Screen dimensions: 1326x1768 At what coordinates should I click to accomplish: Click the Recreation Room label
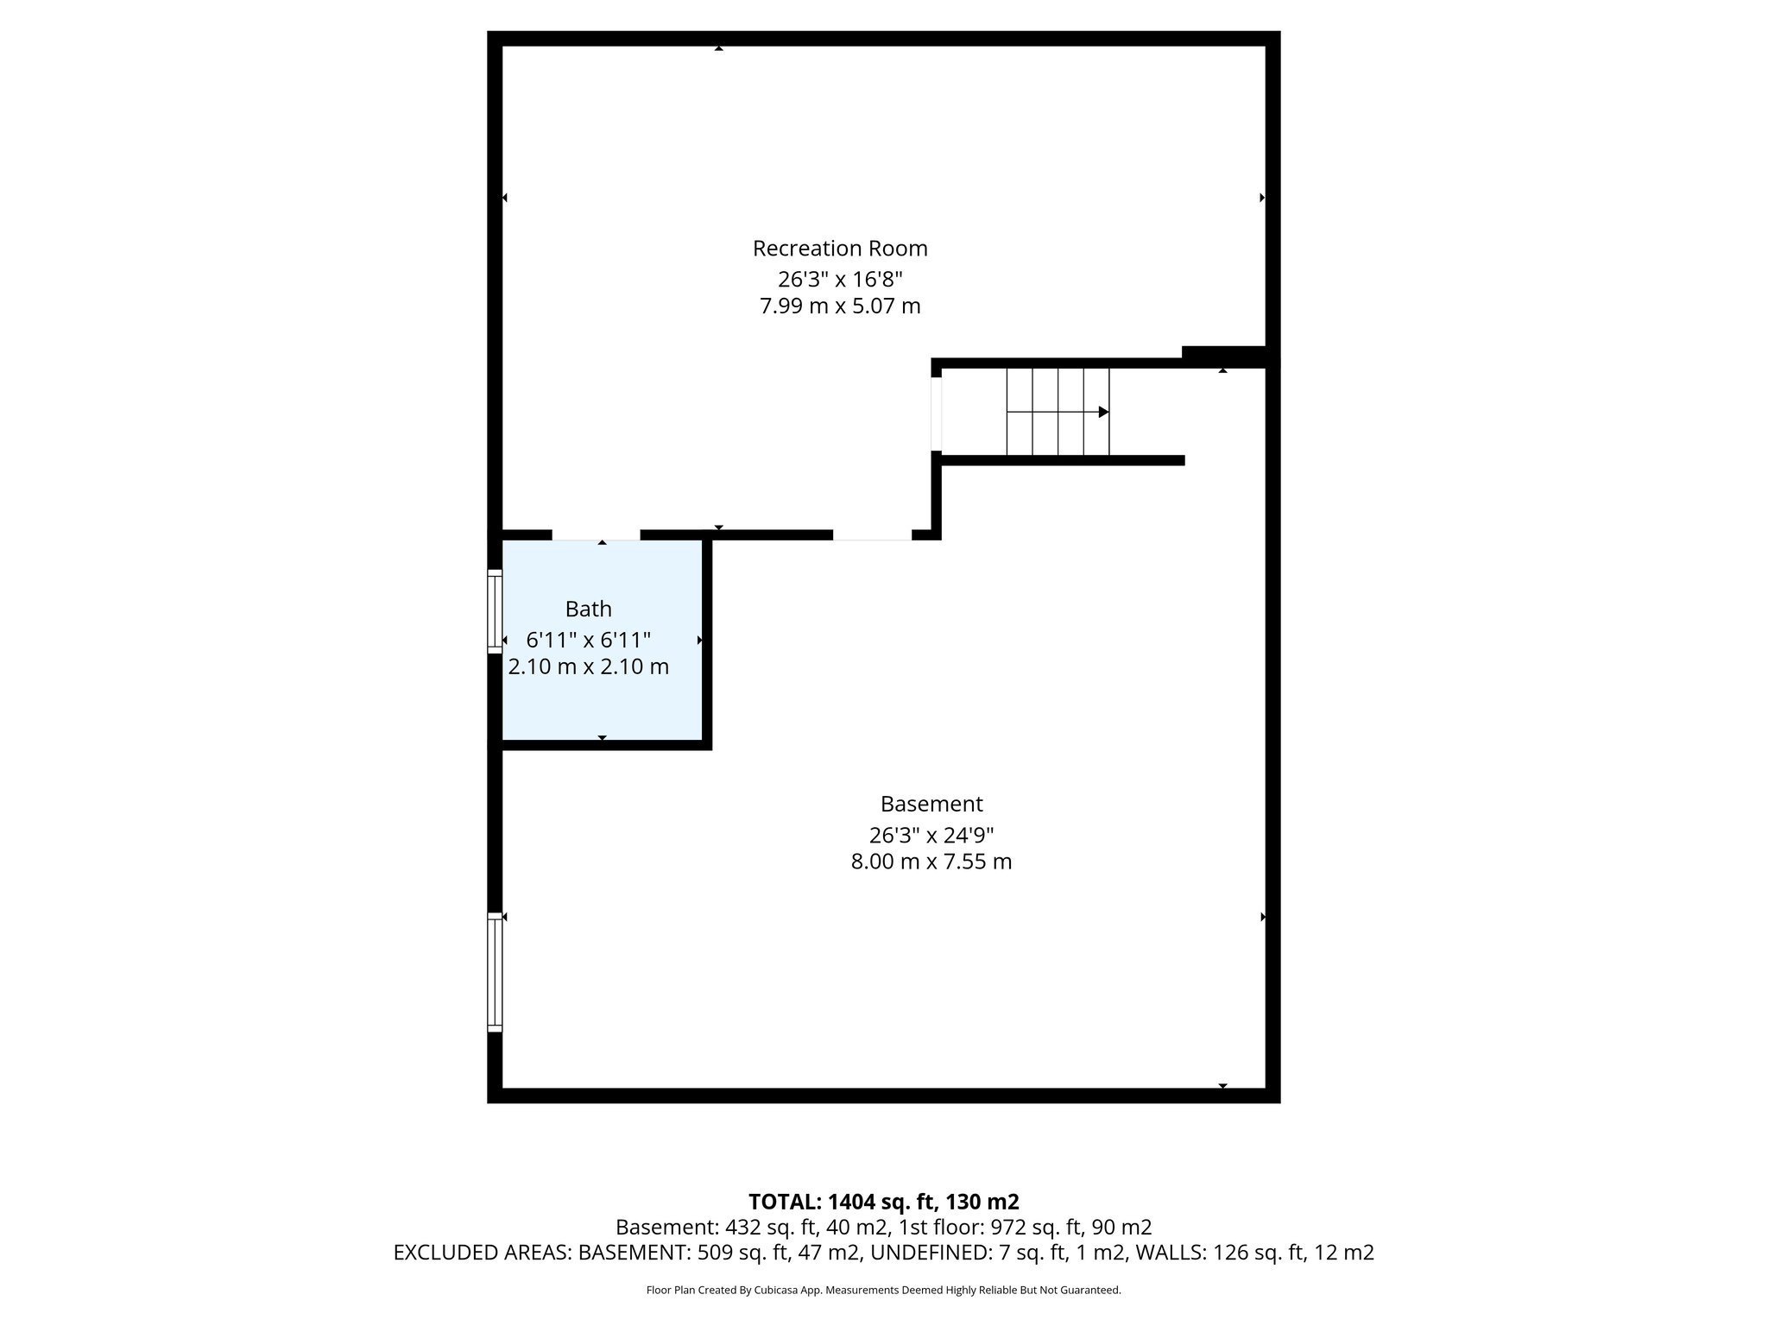click(x=840, y=249)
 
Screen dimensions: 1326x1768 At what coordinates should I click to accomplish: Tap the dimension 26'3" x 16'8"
click(x=840, y=279)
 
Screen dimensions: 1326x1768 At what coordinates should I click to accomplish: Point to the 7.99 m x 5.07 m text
click(x=840, y=306)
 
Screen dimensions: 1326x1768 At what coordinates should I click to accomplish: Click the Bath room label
click(x=589, y=609)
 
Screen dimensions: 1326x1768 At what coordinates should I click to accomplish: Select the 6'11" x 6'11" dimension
click(x=589, y=640)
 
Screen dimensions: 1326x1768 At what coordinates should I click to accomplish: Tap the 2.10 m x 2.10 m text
click(x=589, y=667)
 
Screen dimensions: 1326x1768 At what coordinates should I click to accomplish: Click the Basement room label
click(x=931, y=805)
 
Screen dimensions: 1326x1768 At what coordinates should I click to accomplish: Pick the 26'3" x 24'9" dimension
click(x=931, y=835)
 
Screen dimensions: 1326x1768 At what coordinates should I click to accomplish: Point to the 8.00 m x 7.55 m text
click(x=931, y=862)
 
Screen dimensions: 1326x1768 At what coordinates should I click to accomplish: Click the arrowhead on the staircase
click(x=1102, y=413)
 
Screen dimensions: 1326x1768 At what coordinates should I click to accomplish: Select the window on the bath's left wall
click(x=495, y=611)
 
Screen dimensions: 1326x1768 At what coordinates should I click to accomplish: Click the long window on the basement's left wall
click(x=495, y=972)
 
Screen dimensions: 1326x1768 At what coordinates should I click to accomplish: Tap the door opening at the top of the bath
click(x=596, y=535)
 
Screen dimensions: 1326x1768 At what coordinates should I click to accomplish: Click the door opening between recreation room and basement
click(x=872, y=535)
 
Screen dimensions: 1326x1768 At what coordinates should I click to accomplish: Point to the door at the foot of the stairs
click(x=937, y=414)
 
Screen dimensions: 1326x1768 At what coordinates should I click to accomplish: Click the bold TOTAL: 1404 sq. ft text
click(x=883, y=1202)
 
